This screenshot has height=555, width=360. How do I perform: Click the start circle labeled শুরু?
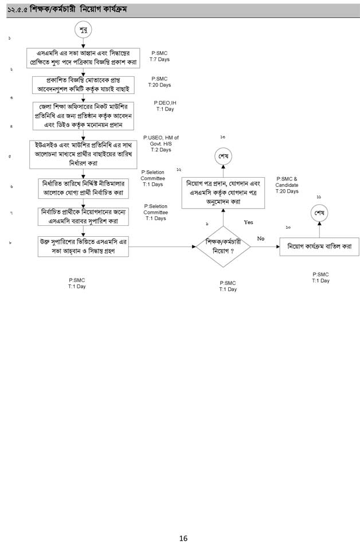(84, 30)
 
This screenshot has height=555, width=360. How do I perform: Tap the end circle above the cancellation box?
(319, 213)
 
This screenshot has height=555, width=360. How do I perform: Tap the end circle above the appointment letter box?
(224, 156)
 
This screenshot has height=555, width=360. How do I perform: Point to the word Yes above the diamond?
(248, 222)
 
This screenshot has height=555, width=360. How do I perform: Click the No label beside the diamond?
(261, 238)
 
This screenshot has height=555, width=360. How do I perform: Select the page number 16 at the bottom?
(183, 538)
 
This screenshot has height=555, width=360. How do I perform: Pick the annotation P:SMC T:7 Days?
(159, 56)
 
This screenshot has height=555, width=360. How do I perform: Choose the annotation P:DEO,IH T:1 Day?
(165, 105)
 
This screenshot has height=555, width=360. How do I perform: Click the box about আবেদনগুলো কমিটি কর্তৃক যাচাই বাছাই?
(84, 84)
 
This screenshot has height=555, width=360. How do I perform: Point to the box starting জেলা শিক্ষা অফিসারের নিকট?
(84, 116)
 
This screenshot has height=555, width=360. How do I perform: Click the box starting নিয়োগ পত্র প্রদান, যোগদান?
(223, 193)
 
